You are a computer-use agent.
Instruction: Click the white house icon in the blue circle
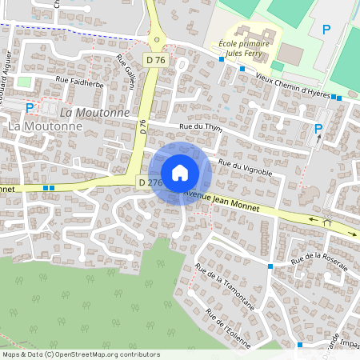(x=180, y=173)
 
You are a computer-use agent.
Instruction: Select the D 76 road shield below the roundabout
(x=156, y=60)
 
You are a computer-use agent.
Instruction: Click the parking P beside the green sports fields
(x=326, y=30)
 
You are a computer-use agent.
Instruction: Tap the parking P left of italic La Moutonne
(x=30, y=107)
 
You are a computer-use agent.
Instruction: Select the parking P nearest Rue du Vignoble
(x=318, y=128)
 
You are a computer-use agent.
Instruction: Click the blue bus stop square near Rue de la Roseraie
(x=271, y=266)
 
